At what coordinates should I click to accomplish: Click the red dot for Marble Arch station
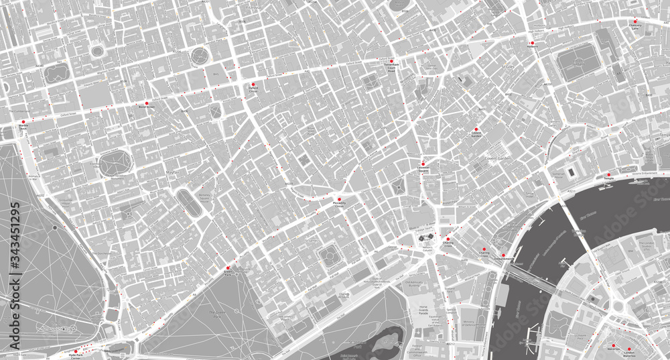24,121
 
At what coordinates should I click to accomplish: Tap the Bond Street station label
146,107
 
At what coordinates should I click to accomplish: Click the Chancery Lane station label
634,27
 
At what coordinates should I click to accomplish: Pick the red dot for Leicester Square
423,164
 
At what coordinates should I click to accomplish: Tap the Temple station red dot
609,175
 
